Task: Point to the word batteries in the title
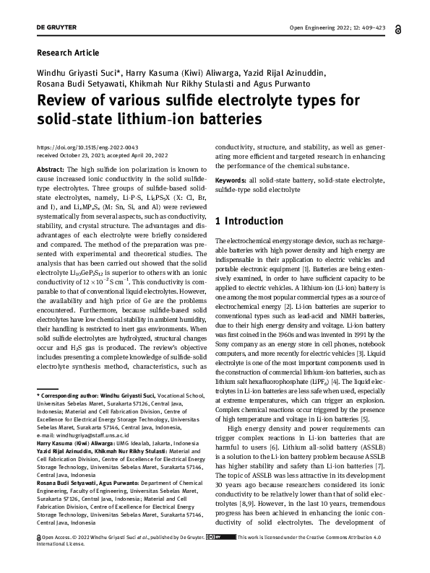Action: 222,118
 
